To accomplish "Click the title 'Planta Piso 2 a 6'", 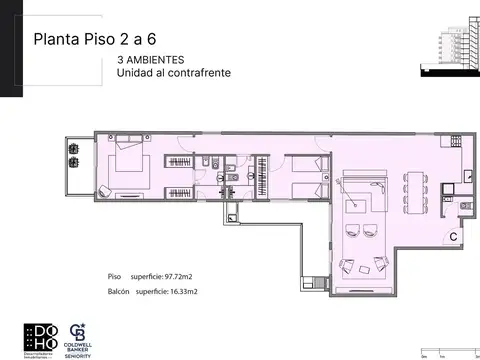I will pos(95,41).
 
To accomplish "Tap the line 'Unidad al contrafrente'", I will pos(174,74).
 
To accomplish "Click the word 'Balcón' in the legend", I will pos(121,291).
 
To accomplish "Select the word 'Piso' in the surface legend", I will pos(115,275).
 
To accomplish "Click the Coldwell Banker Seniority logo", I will pos(78,337).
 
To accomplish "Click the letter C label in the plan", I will pos(453,237).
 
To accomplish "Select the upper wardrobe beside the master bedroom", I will pos(180,161).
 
